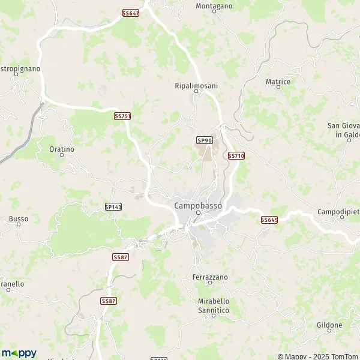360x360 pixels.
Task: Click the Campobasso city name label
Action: (197, 205)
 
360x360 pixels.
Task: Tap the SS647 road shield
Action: (130, 13)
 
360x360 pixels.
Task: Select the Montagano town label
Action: (214, 6)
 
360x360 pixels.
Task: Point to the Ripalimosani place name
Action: (196, 86)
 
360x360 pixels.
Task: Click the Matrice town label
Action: (278, 81)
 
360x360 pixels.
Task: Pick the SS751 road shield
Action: (122, 116)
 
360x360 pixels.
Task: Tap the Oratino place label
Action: (62, 149)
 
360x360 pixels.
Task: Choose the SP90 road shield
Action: (205, 140)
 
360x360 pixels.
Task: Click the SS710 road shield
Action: (236, 155)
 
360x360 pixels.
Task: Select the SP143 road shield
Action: (113, 206)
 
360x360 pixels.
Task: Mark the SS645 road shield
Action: (269, 220)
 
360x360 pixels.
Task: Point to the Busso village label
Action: (19, 219)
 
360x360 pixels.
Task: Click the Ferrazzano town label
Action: (210, 278)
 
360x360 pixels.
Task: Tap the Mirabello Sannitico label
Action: (213, 305)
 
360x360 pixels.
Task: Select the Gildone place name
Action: (329, 325)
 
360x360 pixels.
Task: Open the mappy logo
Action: (19, 353)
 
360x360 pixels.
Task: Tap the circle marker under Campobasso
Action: (197, 213)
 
